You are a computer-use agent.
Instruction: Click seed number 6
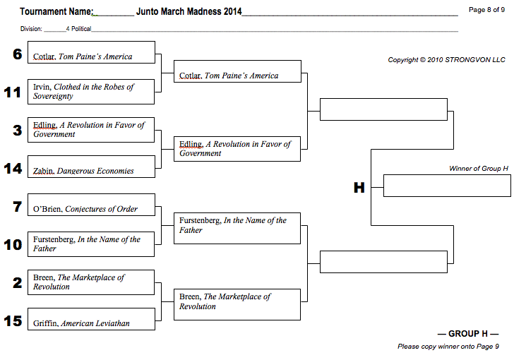pos(18,54)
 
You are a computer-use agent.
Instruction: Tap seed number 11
pos(13,93)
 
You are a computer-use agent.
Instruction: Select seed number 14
pos(13,169)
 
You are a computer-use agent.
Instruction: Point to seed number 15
pos(13,321)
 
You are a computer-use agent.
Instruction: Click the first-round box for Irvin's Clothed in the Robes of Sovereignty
pos(91,92)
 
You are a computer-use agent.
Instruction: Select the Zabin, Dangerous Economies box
pos(91,167)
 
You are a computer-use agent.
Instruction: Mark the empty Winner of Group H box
pos(446,186)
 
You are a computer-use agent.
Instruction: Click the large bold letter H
pos(359,188)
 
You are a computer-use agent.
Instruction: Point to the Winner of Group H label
pos(479,169)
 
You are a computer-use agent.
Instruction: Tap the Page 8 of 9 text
pos(486,10)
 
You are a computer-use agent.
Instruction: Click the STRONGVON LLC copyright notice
pos(446,60)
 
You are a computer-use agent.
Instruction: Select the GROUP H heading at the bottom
pos(468,334)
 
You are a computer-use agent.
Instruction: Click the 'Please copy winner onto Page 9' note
pos(448,347)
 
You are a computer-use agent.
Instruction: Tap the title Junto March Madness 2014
pos(189,12)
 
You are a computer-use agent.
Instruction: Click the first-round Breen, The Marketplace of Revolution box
pos(91,282)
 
